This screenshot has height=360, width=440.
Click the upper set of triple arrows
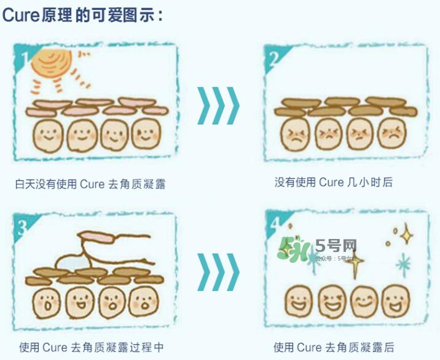(x=218, y=106)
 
